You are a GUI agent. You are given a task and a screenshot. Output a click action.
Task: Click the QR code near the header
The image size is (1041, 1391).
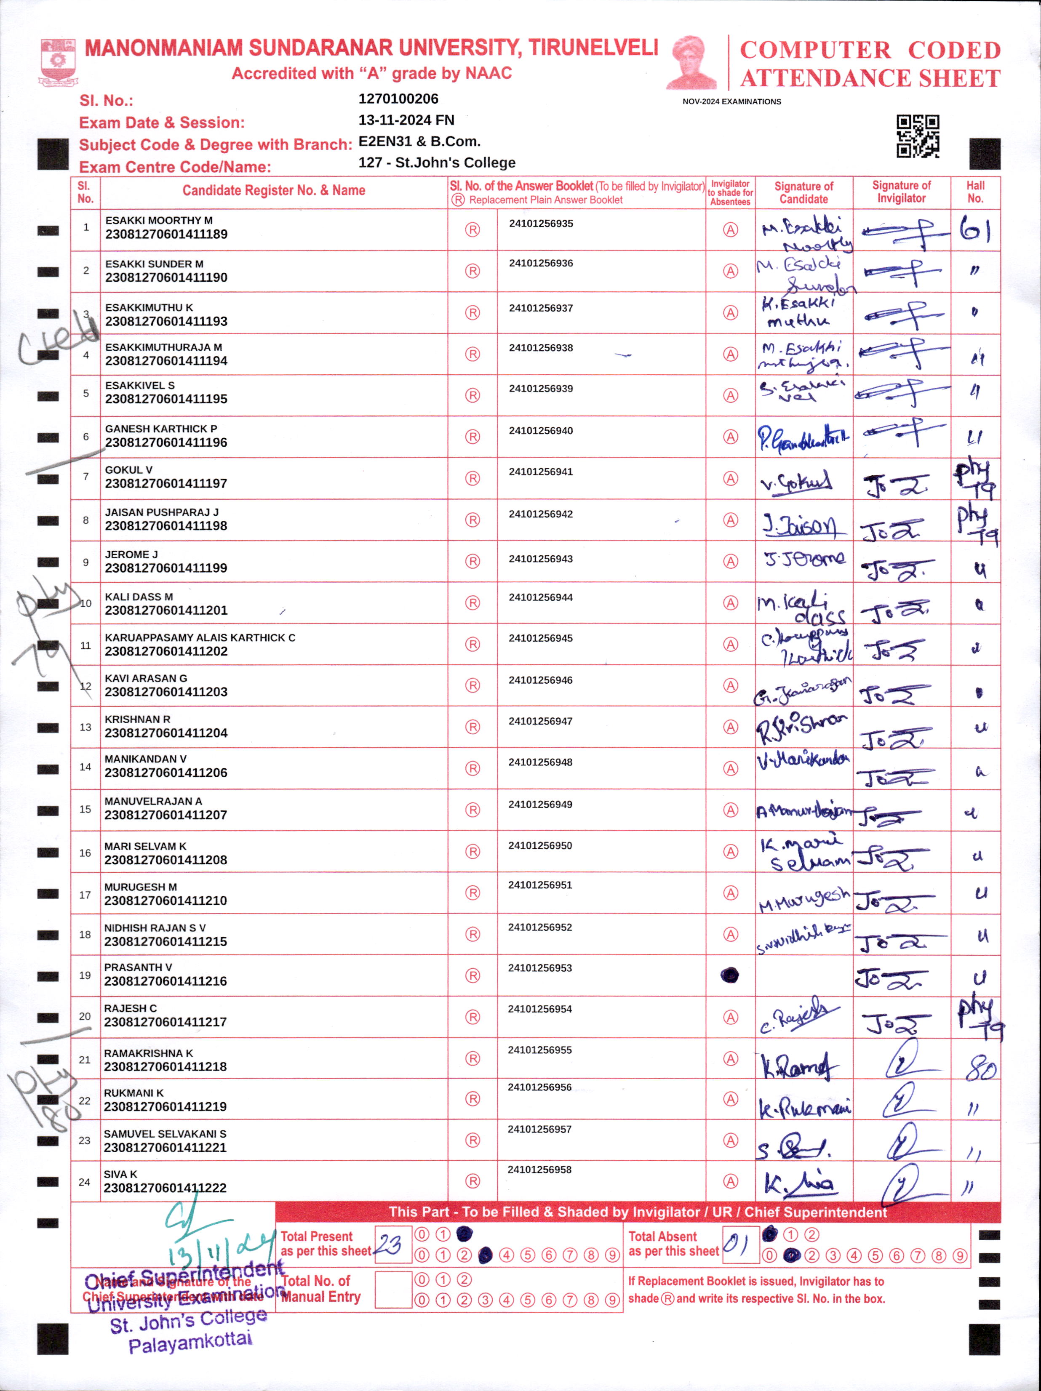[918, 136]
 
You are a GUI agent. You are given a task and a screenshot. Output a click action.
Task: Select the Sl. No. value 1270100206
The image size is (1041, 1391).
[398, 99]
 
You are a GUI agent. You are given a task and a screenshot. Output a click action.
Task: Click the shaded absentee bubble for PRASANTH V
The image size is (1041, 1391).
[730, 975]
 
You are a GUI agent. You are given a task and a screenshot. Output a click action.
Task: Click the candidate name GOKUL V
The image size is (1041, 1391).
[128, 470]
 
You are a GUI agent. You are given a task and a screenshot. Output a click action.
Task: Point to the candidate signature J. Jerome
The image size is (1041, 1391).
[804, 558]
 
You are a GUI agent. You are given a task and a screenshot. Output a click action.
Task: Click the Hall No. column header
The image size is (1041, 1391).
[975, 192]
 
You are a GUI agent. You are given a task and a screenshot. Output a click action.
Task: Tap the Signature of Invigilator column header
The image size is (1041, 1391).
[901, 192]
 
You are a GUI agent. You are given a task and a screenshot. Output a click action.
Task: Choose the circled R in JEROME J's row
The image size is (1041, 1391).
[472, 561]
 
